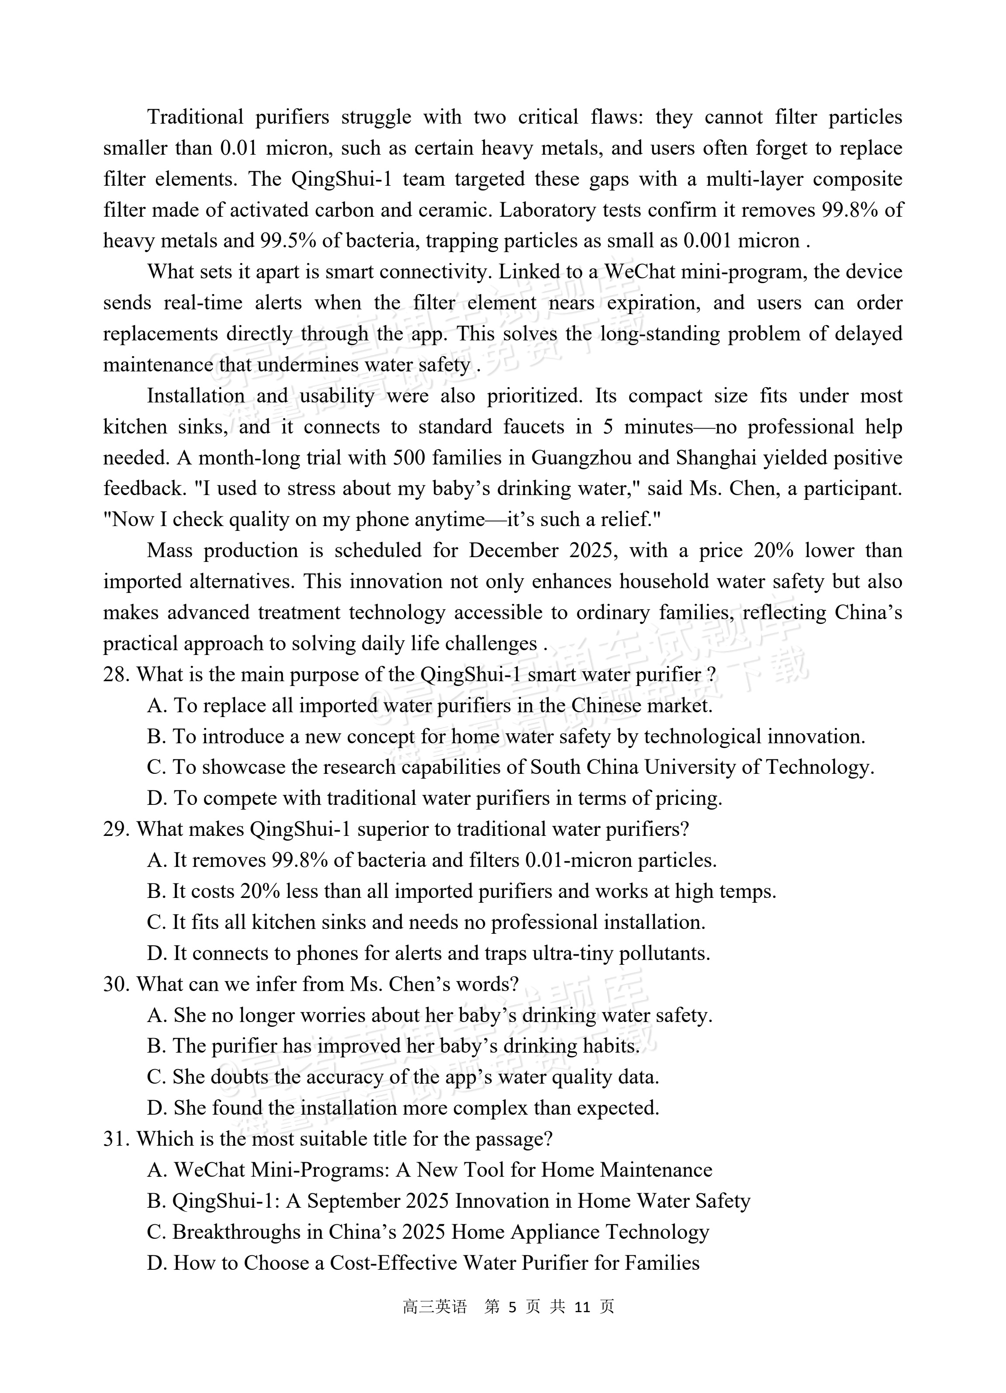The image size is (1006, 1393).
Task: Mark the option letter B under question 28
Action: coord(156,736)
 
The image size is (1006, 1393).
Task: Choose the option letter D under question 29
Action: coord(156,953)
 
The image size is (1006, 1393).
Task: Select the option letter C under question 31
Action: coord(156,1232)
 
